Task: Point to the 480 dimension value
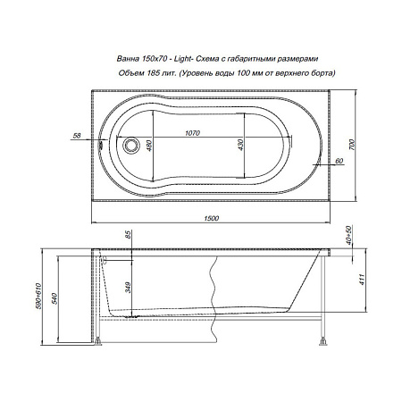[153, 146]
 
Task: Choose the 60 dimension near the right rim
[340, 161]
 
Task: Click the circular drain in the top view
[131, 144]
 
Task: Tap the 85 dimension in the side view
[129, 236]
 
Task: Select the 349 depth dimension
[129, 288]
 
